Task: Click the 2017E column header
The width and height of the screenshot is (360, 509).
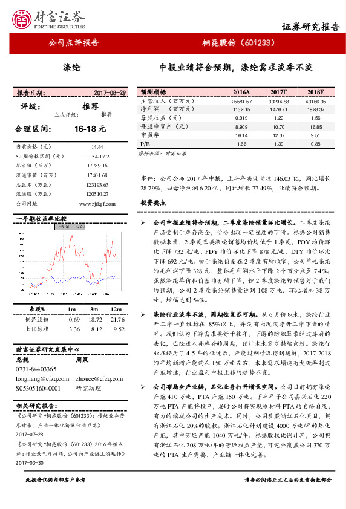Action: click(x=278, y=92)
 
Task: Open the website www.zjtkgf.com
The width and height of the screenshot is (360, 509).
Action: click(x=94, y=204)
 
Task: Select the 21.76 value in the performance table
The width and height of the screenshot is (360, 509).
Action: click(x=118, y=319)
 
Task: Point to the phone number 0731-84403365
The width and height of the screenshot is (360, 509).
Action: click(x=36, y=369)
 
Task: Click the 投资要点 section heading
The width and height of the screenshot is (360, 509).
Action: click(x=154, y=203)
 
